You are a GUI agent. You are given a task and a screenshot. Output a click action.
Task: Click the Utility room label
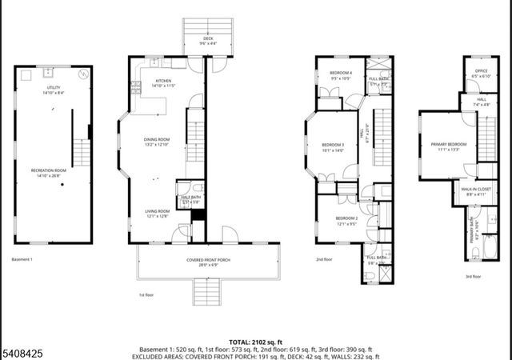[54, 89]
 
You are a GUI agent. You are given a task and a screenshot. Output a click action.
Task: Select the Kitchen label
[164, 81]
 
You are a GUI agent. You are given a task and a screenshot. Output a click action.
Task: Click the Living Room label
[156, 211]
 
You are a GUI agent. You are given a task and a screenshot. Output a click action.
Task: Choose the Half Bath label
[190, 198]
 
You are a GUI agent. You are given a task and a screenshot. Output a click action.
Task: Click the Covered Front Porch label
[209, 260]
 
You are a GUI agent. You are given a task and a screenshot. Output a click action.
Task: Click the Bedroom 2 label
[346, 218]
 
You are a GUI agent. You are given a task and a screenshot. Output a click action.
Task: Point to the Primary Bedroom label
[452, 144]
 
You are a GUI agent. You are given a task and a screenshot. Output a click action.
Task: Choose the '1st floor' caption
[145, 294]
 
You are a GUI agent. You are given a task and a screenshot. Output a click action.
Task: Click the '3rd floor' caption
[473, 276]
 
